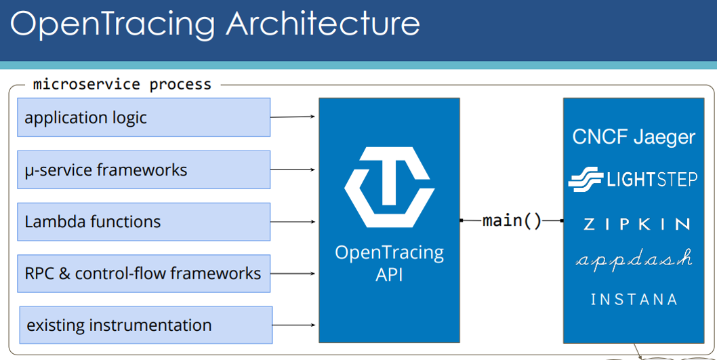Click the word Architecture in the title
coord(323,23)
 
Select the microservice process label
coord(122,84)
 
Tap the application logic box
coord(144,117)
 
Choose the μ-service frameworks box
coord(144,169)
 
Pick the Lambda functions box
coord(144,222)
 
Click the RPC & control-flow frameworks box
coord(144,273)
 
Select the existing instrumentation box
coord(146,325)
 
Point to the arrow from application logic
coord(293,117)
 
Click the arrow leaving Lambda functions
coord(293,222)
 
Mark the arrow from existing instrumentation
coord(294,325)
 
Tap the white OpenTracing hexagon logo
coord(389,186)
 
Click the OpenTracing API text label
coord(389,264)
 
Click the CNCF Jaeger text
coord(634,137)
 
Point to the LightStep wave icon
coord(586,179)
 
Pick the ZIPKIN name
coord(636,224)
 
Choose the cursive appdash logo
coord(634,260)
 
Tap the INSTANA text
coord(634,300)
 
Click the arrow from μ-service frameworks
coord(293,169)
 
